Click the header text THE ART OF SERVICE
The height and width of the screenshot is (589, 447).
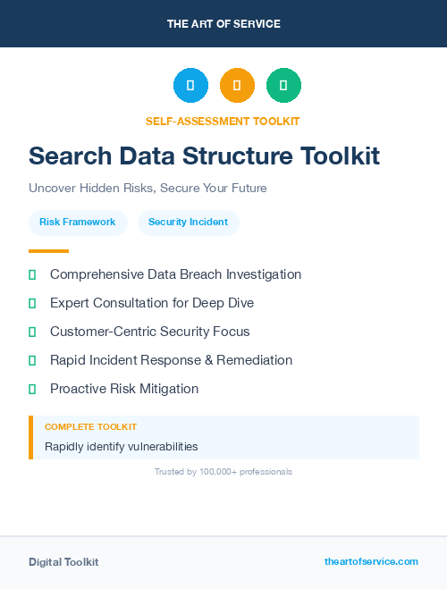point(223,24)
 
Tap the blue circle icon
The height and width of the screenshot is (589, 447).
point(190,86)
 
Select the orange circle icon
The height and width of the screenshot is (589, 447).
point(237,86)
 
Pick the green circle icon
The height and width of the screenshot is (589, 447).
point(283,86)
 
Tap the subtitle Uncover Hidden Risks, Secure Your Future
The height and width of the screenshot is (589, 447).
point(148,189)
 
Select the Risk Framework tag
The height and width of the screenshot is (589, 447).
point(78,222)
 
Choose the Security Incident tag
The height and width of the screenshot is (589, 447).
point(188,222)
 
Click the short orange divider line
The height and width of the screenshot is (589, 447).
point(48,251)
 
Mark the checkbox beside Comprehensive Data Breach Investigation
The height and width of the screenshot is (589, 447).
point(32,274)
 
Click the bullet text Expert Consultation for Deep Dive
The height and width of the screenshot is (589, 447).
point(152,303)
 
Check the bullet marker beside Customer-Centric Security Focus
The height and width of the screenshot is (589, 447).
point(32,332)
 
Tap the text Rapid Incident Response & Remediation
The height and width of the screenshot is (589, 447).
point(171,360)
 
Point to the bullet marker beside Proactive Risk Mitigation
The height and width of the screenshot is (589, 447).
point(32,389)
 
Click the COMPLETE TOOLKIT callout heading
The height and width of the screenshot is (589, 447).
point(90,427)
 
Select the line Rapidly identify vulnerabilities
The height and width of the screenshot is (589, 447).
point(122,446)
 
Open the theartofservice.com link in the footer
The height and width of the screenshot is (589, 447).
point(371,561)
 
